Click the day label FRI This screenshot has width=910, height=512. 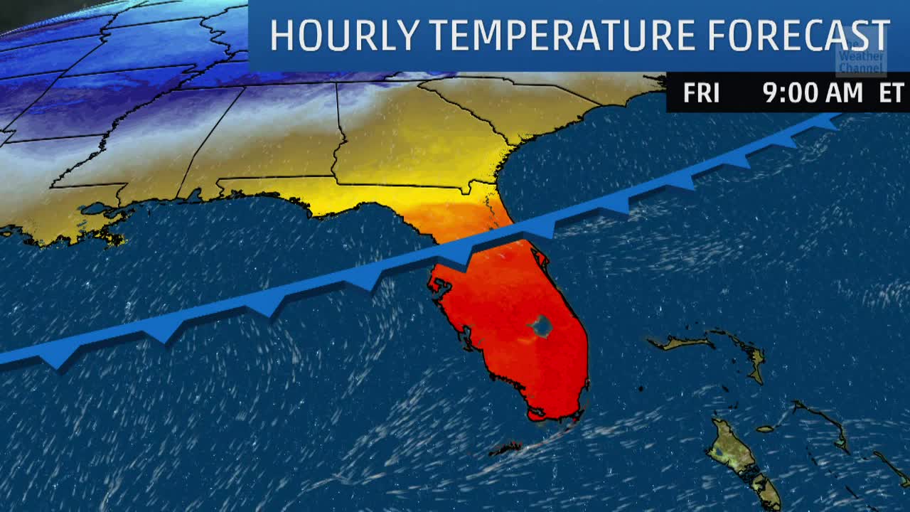(701, 93)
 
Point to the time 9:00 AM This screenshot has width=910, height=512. (812, 93)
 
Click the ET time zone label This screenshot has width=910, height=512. (891, 93)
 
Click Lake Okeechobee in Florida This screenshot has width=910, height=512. (540, 326)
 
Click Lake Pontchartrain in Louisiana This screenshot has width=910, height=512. (92, 210)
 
